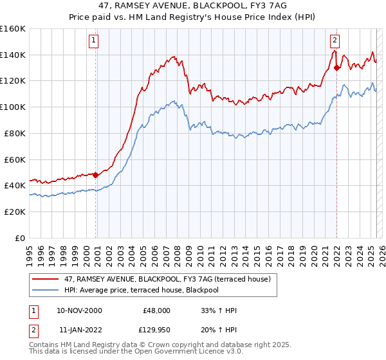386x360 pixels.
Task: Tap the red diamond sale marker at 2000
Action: [96, 174]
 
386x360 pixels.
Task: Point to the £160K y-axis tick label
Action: [12, 28]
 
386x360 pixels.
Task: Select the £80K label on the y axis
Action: [14, 133]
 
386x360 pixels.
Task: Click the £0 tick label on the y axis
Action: [20, 238]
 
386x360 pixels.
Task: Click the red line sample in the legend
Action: [46, 278]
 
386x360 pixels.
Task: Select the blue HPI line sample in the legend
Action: [46, 290]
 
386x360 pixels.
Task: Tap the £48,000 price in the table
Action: [156, 310]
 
